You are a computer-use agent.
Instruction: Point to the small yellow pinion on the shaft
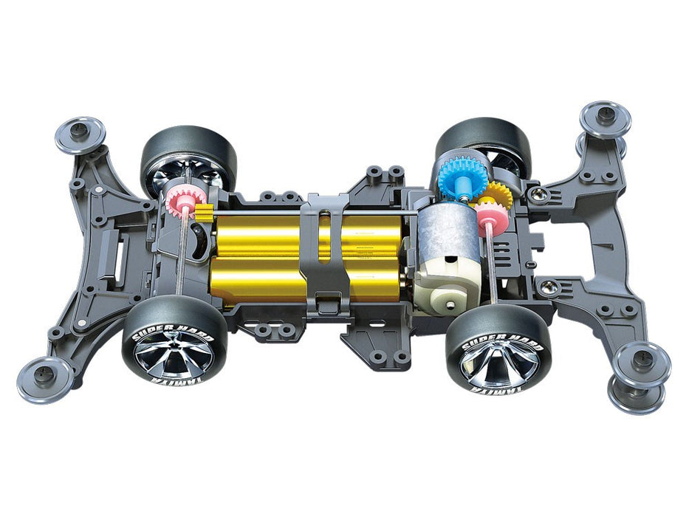(x=205, y=216)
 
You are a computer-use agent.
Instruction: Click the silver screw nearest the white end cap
(x=547, y=285)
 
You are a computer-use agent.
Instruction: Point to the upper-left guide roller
(x=79, y=133)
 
